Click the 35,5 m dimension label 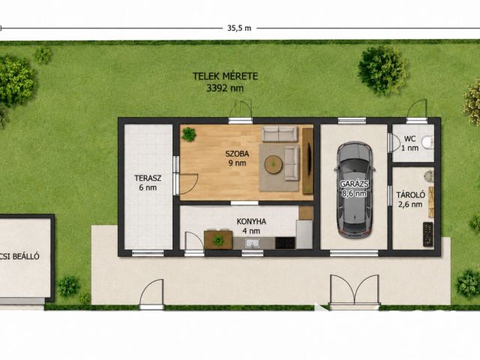pos(239,28)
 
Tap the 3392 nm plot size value pos(225,88)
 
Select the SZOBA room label pos(237,154)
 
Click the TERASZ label pos(148,178)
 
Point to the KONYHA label pos(251,221)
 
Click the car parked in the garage pos(355,189)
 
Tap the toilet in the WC pos(427,142)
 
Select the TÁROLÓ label pos(410,195)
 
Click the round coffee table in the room pos(273,165)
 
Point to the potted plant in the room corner pos(188,134)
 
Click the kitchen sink pos(252,243)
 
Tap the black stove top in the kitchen pos(285,243)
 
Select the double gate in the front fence pos(354,290)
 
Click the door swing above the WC pos(417,109)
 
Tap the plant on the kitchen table pos(218,240)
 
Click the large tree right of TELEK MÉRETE pos(382,70)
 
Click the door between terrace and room pos(187,184)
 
